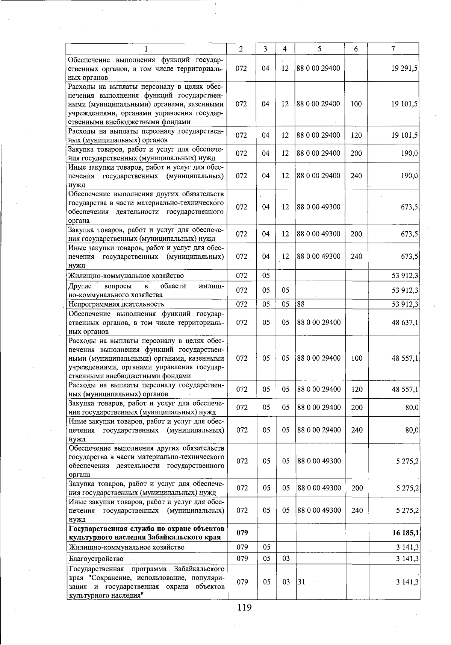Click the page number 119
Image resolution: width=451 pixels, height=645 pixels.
pos(244,607)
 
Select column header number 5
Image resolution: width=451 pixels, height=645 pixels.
pos(319,49)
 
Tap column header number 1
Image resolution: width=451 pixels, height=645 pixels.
pos(146,49)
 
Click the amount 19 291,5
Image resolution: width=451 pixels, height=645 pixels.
pos(404,68)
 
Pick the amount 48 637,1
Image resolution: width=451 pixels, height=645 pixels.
pos(405,322)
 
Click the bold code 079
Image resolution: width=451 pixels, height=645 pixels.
pos(242,533)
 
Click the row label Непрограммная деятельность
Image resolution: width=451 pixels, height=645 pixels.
pos(116,304)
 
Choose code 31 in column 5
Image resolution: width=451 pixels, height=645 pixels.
pos(301,582)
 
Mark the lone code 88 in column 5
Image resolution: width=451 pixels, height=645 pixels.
pos(301,304)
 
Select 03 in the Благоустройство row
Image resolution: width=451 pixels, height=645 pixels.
pos(286,558)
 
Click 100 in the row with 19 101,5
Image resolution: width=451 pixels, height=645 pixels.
pos(356,104)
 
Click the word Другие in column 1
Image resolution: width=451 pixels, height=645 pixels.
pos(80,286)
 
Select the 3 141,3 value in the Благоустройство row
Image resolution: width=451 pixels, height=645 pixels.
pos(407,558)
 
